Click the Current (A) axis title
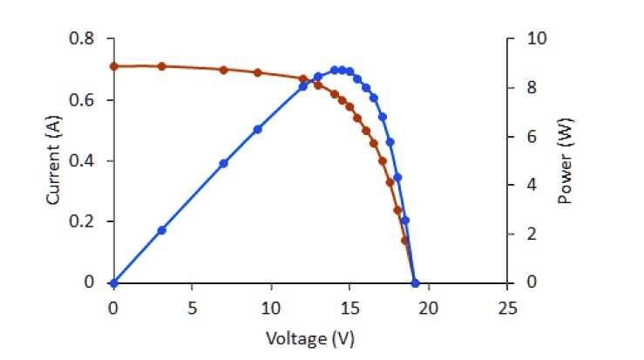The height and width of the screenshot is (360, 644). click(53, 161)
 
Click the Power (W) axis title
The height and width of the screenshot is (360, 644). click(564, 161)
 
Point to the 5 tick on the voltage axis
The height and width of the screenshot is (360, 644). click(192, 308)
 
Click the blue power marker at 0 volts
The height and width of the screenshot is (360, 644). click(113, 282)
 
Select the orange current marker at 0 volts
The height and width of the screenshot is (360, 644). click(113, 66)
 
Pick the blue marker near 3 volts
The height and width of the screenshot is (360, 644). click(161, 230)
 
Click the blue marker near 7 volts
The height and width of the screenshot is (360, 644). click(223, 163)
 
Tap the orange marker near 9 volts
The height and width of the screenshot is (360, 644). click(258, 72)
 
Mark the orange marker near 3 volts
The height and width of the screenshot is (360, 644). click(161, 66)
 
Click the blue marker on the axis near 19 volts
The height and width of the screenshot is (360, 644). click(415, 282)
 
